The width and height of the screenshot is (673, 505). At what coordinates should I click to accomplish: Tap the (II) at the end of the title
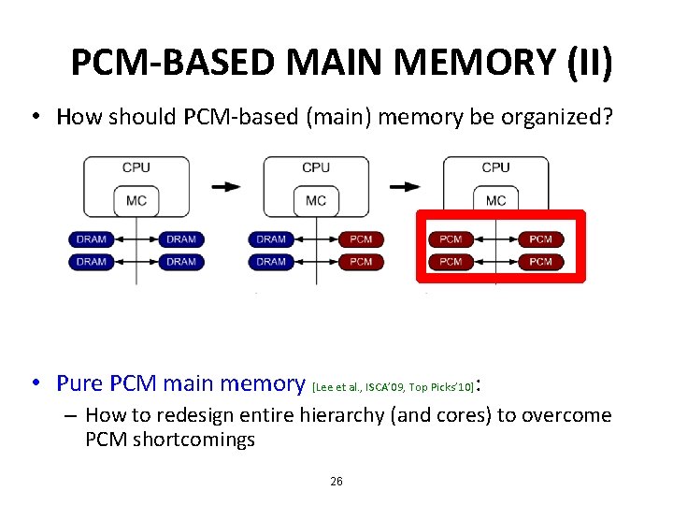(x=590, y=64)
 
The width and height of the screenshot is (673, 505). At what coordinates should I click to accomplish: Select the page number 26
(x=336, y=481)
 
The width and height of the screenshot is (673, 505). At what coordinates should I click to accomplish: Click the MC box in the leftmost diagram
(x=136, y=201)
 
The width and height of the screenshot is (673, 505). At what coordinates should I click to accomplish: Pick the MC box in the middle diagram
(x=316, y=201)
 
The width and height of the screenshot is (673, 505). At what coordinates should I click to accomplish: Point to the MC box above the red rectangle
(x=495, y=201)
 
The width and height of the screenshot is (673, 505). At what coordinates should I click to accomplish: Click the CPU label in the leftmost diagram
(x=136, y=167)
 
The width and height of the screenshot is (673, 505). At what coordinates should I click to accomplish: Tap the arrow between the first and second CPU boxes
(x=225, y=186)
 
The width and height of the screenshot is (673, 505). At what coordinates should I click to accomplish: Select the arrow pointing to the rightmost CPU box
(x=405, y=186)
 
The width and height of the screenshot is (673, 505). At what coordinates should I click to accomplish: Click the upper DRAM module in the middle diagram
(x=271, y=239)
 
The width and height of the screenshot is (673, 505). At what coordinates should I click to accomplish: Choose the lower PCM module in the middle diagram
(x=361, y=262)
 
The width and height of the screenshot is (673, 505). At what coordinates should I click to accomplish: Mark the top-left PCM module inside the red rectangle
(x=451, y=239)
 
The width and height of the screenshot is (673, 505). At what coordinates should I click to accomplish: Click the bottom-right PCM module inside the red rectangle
(x=540, y=262)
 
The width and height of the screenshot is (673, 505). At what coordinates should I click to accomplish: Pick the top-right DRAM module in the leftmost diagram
(x=181, y=239)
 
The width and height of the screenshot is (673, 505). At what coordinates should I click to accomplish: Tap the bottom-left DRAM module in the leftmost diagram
(x=92, y=262)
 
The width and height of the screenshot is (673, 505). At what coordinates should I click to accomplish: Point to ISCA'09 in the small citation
(x=386, y=385)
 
